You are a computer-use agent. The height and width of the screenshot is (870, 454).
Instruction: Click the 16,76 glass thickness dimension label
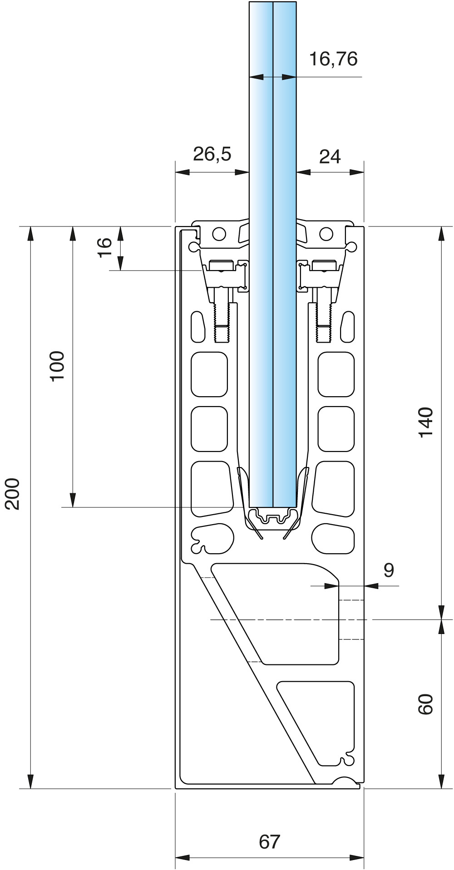click(333, 59)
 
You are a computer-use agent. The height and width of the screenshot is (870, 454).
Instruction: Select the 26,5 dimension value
click(212, 154)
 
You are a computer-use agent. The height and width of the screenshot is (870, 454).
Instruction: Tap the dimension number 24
click(330, 157)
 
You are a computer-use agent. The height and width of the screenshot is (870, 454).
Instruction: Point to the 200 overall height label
click(13, 494)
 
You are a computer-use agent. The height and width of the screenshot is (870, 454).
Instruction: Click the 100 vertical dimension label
click(57, 366)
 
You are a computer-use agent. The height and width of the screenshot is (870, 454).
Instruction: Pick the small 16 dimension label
click(105, 247)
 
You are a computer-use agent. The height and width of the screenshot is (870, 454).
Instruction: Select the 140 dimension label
click(426, 423)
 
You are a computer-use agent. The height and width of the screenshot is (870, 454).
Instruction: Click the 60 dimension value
click(426, 704)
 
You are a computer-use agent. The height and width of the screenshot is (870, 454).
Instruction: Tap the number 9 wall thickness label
click(389, 570)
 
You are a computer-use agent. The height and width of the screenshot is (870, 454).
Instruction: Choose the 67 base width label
click(270, 842)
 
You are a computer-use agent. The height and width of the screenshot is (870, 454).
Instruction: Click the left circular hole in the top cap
click(219, 234)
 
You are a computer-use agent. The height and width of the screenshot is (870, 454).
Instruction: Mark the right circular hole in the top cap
click(326, 234)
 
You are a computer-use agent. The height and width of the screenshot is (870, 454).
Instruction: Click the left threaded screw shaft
click(222, 322)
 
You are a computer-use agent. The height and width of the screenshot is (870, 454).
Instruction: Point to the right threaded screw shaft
click(324, 322)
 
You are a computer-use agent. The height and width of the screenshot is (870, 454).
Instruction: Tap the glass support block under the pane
click(272, 518)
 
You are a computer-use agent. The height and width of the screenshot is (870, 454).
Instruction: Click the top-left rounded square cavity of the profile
click(209, 374)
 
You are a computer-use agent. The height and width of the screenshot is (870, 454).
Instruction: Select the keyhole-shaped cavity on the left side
click(212, 539)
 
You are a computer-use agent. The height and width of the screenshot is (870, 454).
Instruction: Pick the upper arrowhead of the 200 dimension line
click(30, 233)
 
